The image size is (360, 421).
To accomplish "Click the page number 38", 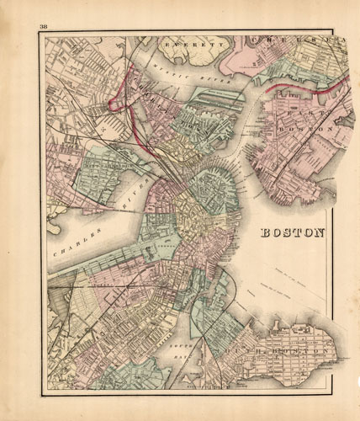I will tap(43, 28).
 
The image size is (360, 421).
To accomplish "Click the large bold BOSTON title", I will tap(291, 233).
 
